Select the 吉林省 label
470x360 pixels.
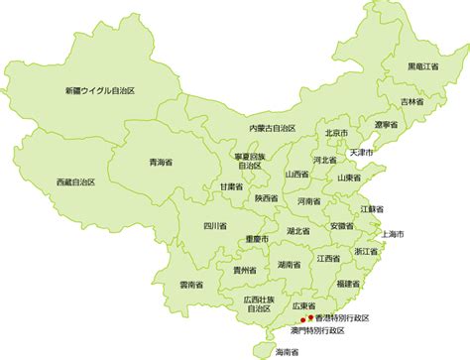point(413,101)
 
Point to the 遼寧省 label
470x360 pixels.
point(386,125)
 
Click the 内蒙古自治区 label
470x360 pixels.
point(273,128)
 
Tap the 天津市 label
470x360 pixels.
point(361,154)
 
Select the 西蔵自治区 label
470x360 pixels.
point(78,182)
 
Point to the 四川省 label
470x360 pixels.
point(215,226)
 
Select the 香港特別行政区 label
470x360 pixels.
point(341,317)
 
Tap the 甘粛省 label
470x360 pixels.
point(231,186)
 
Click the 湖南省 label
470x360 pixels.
point(291,265)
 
